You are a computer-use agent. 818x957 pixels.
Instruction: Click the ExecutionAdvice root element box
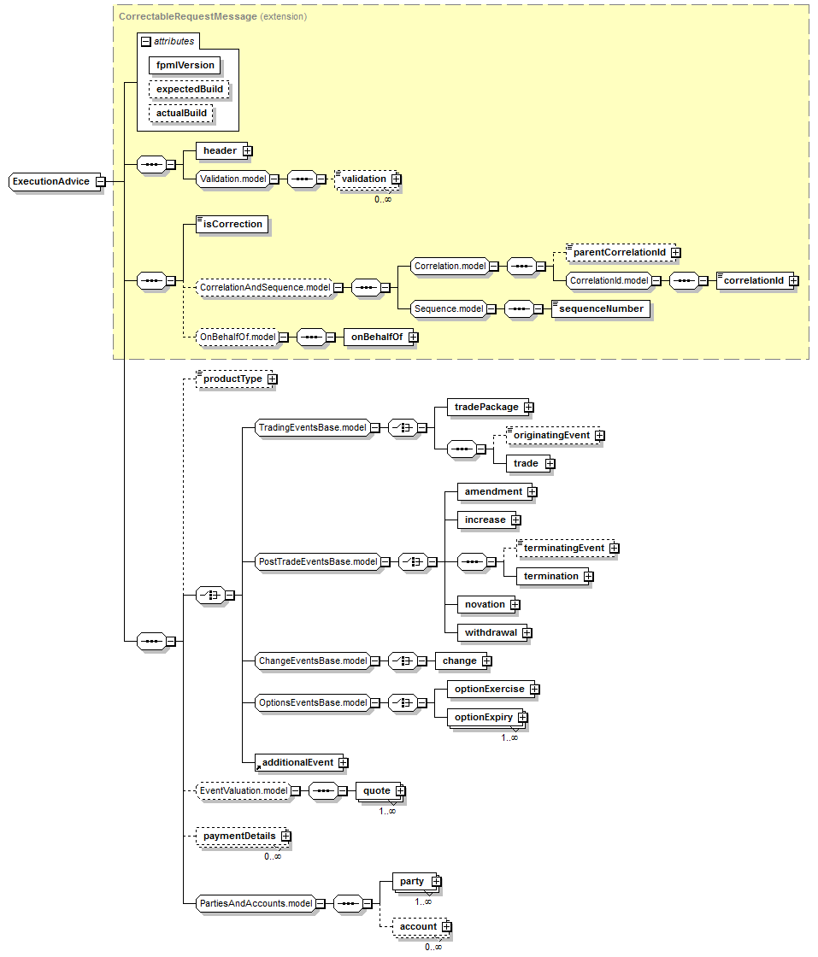pyautogui.click(x=55, y=182)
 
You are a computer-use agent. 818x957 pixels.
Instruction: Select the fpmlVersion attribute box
pyautogui.click(x=185, y=65)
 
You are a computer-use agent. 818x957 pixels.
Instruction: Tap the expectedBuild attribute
pyautogui.click(x=189, y=89)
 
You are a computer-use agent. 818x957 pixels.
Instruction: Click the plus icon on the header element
pyautogui.click(x=247, y=150)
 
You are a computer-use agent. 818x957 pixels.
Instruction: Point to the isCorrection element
pyautogui.click(x=232, y=224)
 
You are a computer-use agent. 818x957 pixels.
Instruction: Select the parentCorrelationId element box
pyautogui.click(x=621, y=252)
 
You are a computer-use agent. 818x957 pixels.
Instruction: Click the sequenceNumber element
pyautogui.click(x=601, y=308)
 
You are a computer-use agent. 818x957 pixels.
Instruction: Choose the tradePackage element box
pyautogui.click(x=487, y=407)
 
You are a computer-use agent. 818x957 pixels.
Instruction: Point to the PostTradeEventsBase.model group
pyautogui.click(x=318, y=562)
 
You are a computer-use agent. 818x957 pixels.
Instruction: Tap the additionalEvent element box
pyautogui.click(x=298, y=763)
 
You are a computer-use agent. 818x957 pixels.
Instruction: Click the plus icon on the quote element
pyautogui.click(x=401, y=791)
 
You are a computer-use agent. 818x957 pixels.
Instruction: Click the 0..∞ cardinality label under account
pyautogui.click(x=433, y=948)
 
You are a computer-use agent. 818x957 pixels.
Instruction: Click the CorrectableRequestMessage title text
pyautogui.click(x=188, y=16)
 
